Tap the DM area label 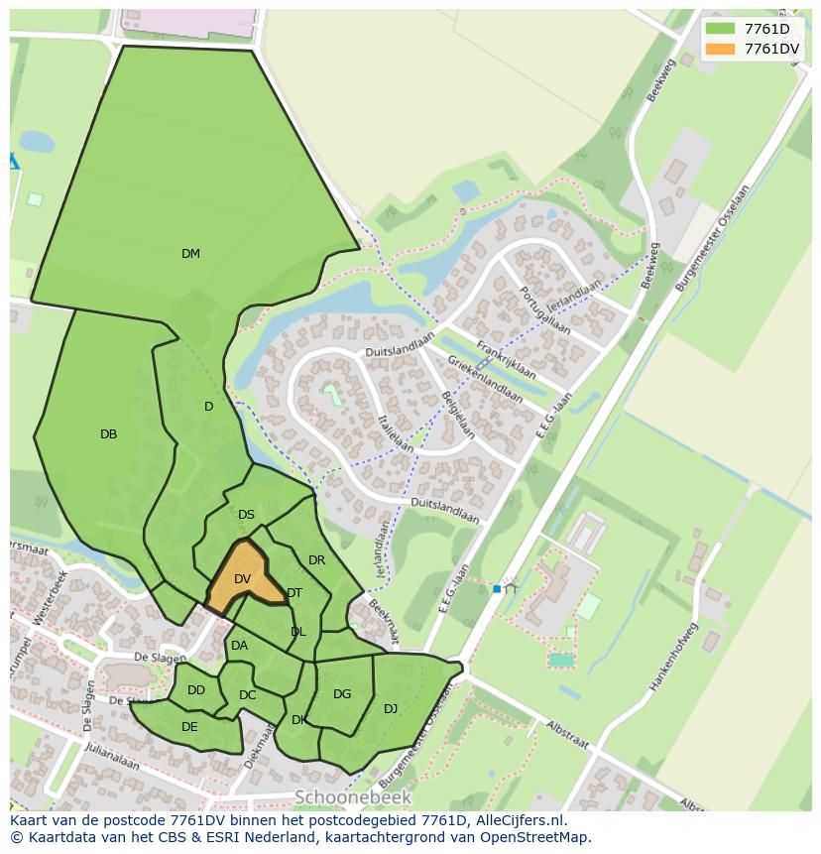pyautogui.click(x=190, y=254)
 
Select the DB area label pyautogui.click(x=109, y=434)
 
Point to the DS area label pyautogui.click(x=246, y=515)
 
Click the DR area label pyautogui.click(x=316, y=560)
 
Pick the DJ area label pyautogui.click(x=391, y=708)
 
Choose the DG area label pyautogui.click(x=342, y=694)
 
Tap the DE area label pyautogui.click(x=189, y=727)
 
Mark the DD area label pyautogui.click(x=196, y=690)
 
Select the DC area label pyautogui.click(x=248, y=695)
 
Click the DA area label pyautogui.click(x=239, y=646)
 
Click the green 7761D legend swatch pyautogui.click(x=720, y=29)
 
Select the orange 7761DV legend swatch pyautogui.click(x=720, y=49)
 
